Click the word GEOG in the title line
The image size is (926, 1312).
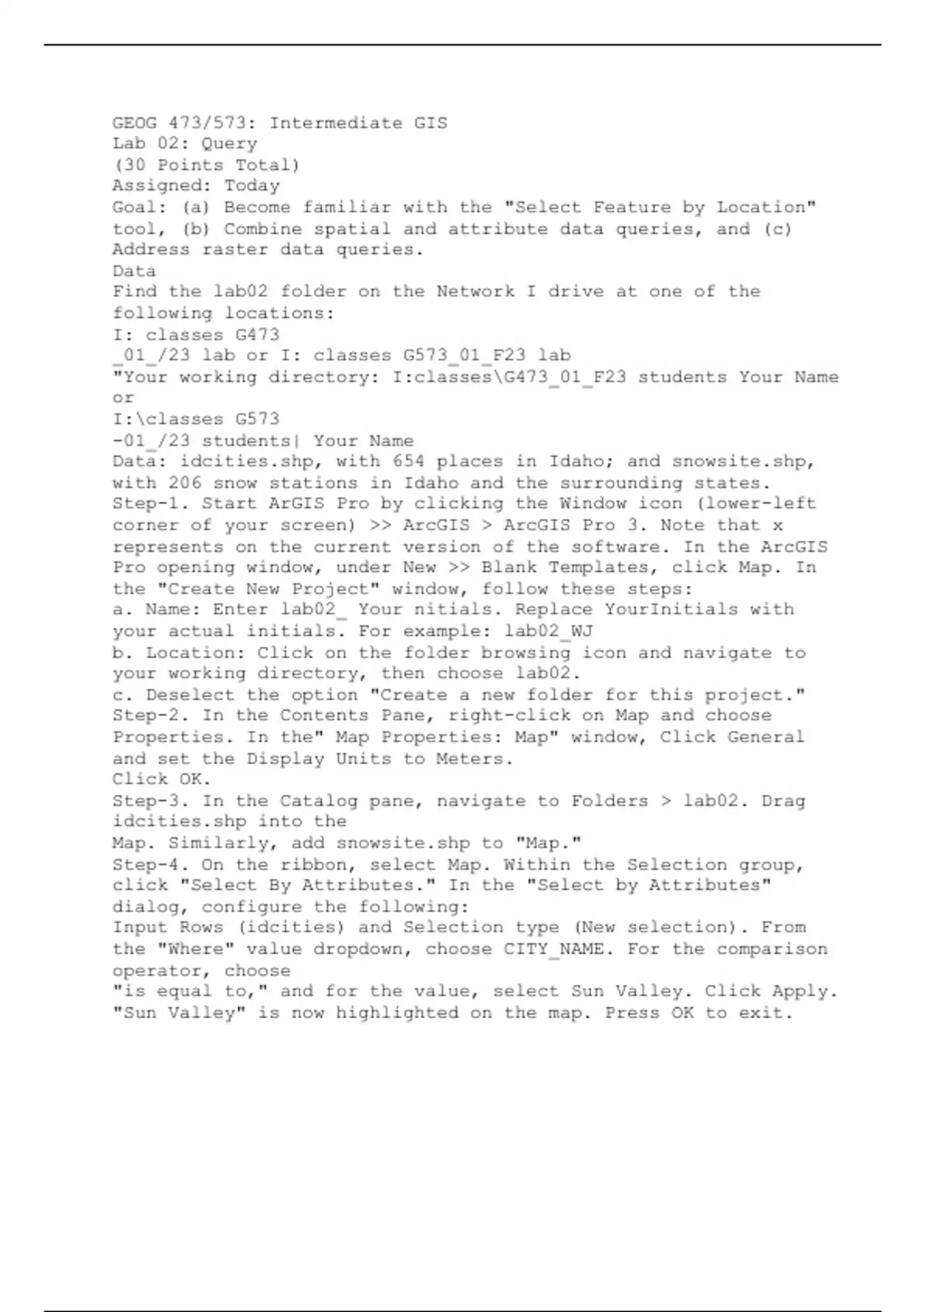(134, 123)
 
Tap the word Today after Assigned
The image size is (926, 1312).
(252, 186)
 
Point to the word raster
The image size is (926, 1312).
(235, 249)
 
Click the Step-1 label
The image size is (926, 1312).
(151, 504)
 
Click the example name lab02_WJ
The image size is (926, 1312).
(549, 631)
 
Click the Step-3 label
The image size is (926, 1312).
(151, 801)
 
